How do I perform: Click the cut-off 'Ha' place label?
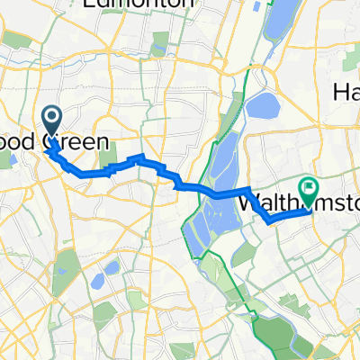[x=346, y=91]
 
